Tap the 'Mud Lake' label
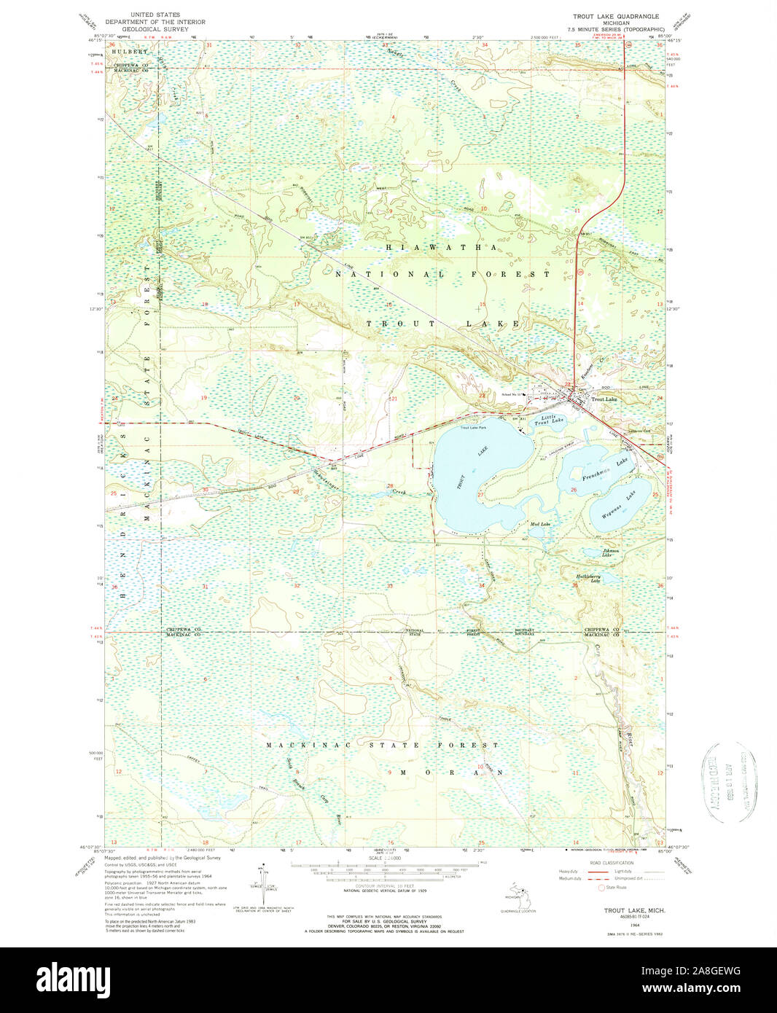pyautogui.click(x=540, y=525)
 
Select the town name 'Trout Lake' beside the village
pyautogui.click(x=604, y=399)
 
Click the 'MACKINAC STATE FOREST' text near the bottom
pyautogui.click(x=382, y=746)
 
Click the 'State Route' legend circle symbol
pyautogui.click(x=601, y=888)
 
